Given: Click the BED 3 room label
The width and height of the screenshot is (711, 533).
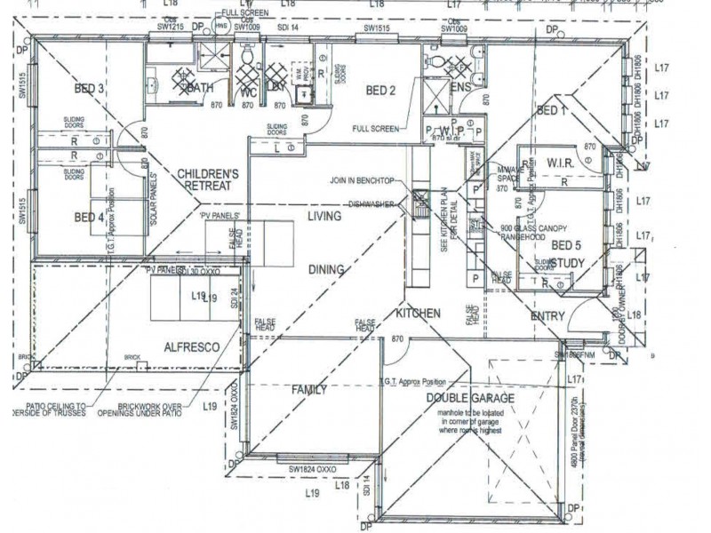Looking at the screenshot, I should (90, 88).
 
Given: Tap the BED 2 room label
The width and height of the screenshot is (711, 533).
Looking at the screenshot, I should (380, 90).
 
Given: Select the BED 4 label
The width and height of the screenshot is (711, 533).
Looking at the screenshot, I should (90, 217).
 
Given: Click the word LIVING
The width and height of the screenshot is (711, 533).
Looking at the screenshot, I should (324, 216).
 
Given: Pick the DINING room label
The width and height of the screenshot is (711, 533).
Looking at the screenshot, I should (326, 269).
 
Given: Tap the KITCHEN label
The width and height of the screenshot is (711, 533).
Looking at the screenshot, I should (419, 314).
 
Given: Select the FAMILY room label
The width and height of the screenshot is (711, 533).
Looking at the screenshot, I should (310, 389).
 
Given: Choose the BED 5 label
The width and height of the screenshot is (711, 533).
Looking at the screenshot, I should (566, 244).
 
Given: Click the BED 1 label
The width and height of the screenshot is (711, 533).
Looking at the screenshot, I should (551, 111).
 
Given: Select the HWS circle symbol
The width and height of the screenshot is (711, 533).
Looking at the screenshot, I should (221, 27).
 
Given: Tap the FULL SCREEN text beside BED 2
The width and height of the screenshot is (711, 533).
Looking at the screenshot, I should (375, 129).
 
